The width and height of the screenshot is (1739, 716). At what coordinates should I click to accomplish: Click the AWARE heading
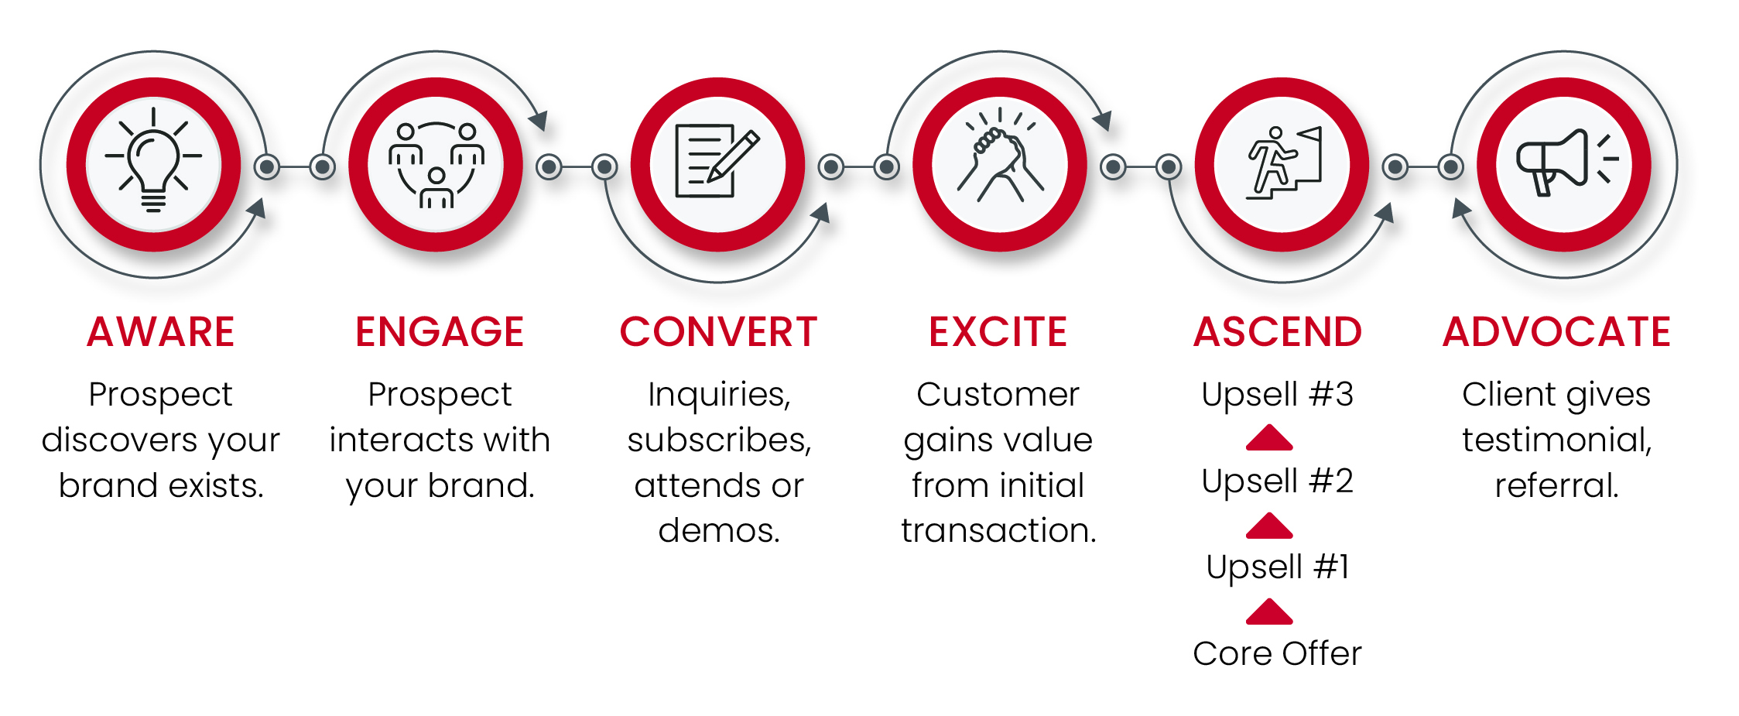(160, 332)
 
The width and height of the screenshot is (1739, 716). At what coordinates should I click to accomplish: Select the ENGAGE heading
(440, 332)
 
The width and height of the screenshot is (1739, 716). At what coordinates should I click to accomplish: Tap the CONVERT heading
(718, 332)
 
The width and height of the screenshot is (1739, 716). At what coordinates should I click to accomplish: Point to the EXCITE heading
(998, 332)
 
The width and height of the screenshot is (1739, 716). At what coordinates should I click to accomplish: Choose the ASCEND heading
(1278, 332)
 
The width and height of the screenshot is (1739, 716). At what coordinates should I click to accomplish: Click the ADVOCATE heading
(1556, 332)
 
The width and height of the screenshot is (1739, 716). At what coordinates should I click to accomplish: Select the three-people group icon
(436, 165)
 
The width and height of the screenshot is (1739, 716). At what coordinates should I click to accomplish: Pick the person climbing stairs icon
(1283, 163)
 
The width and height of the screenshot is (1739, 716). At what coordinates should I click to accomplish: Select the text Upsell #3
(1278, 394)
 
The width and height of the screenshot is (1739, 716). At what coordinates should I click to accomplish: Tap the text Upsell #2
(1278, 481)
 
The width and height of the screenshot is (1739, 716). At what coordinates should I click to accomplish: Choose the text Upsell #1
(1278, 567)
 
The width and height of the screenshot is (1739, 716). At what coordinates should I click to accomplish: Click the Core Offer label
(1278, 653)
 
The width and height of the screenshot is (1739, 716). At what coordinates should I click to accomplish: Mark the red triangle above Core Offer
(1269, 612)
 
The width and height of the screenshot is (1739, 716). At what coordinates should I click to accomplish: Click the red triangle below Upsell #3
(1269, 437)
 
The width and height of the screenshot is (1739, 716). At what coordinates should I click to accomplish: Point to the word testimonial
(1556, 440)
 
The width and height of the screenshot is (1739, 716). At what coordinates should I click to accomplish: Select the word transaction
(998, 530)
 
